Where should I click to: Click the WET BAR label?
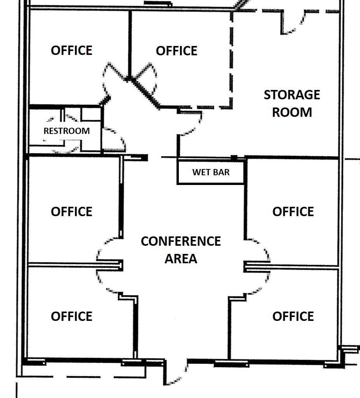point(211,172)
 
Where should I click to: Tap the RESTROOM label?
point(66,131)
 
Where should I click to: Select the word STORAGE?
point(292,95)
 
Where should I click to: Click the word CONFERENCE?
point(181,241)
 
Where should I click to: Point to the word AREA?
point(181,259)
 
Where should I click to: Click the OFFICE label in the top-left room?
point(72,50)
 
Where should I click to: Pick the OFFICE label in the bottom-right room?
point(293,316)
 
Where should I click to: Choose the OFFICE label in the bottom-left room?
point(72,316)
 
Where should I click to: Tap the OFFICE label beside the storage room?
point(177,51)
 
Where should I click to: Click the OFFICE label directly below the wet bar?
point(293,211)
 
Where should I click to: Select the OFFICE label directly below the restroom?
point(72,211)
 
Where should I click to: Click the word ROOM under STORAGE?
point(292,113)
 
